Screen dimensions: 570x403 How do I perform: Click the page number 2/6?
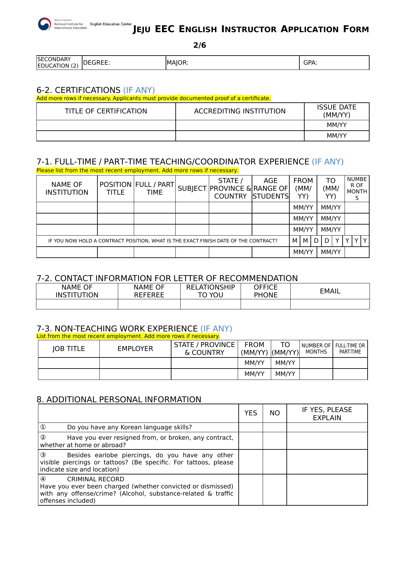199,45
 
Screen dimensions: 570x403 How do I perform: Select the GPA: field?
334,63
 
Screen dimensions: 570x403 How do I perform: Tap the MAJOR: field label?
178,63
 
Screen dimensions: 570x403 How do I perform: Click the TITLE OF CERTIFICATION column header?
106,111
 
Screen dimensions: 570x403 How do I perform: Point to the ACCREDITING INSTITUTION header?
240,111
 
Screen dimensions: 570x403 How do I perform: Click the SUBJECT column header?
192,188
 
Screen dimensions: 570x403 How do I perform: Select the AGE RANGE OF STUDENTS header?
271,188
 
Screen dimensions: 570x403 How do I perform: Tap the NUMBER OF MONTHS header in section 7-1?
357,188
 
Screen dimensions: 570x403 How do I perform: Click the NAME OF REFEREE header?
149,291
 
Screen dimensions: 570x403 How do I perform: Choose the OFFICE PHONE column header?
265,291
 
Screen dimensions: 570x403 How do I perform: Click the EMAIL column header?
330,291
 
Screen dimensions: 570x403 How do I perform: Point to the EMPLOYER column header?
135,349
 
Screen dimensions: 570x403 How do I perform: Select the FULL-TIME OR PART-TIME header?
350,349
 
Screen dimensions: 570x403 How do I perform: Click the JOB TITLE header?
69,349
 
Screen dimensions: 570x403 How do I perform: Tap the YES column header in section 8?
251,413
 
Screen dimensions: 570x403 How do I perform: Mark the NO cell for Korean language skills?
275,427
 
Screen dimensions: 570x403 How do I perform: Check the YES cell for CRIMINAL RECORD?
251,490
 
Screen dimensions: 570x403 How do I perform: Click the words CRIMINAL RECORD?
95,479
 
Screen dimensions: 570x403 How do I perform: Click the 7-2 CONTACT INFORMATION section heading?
167,279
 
